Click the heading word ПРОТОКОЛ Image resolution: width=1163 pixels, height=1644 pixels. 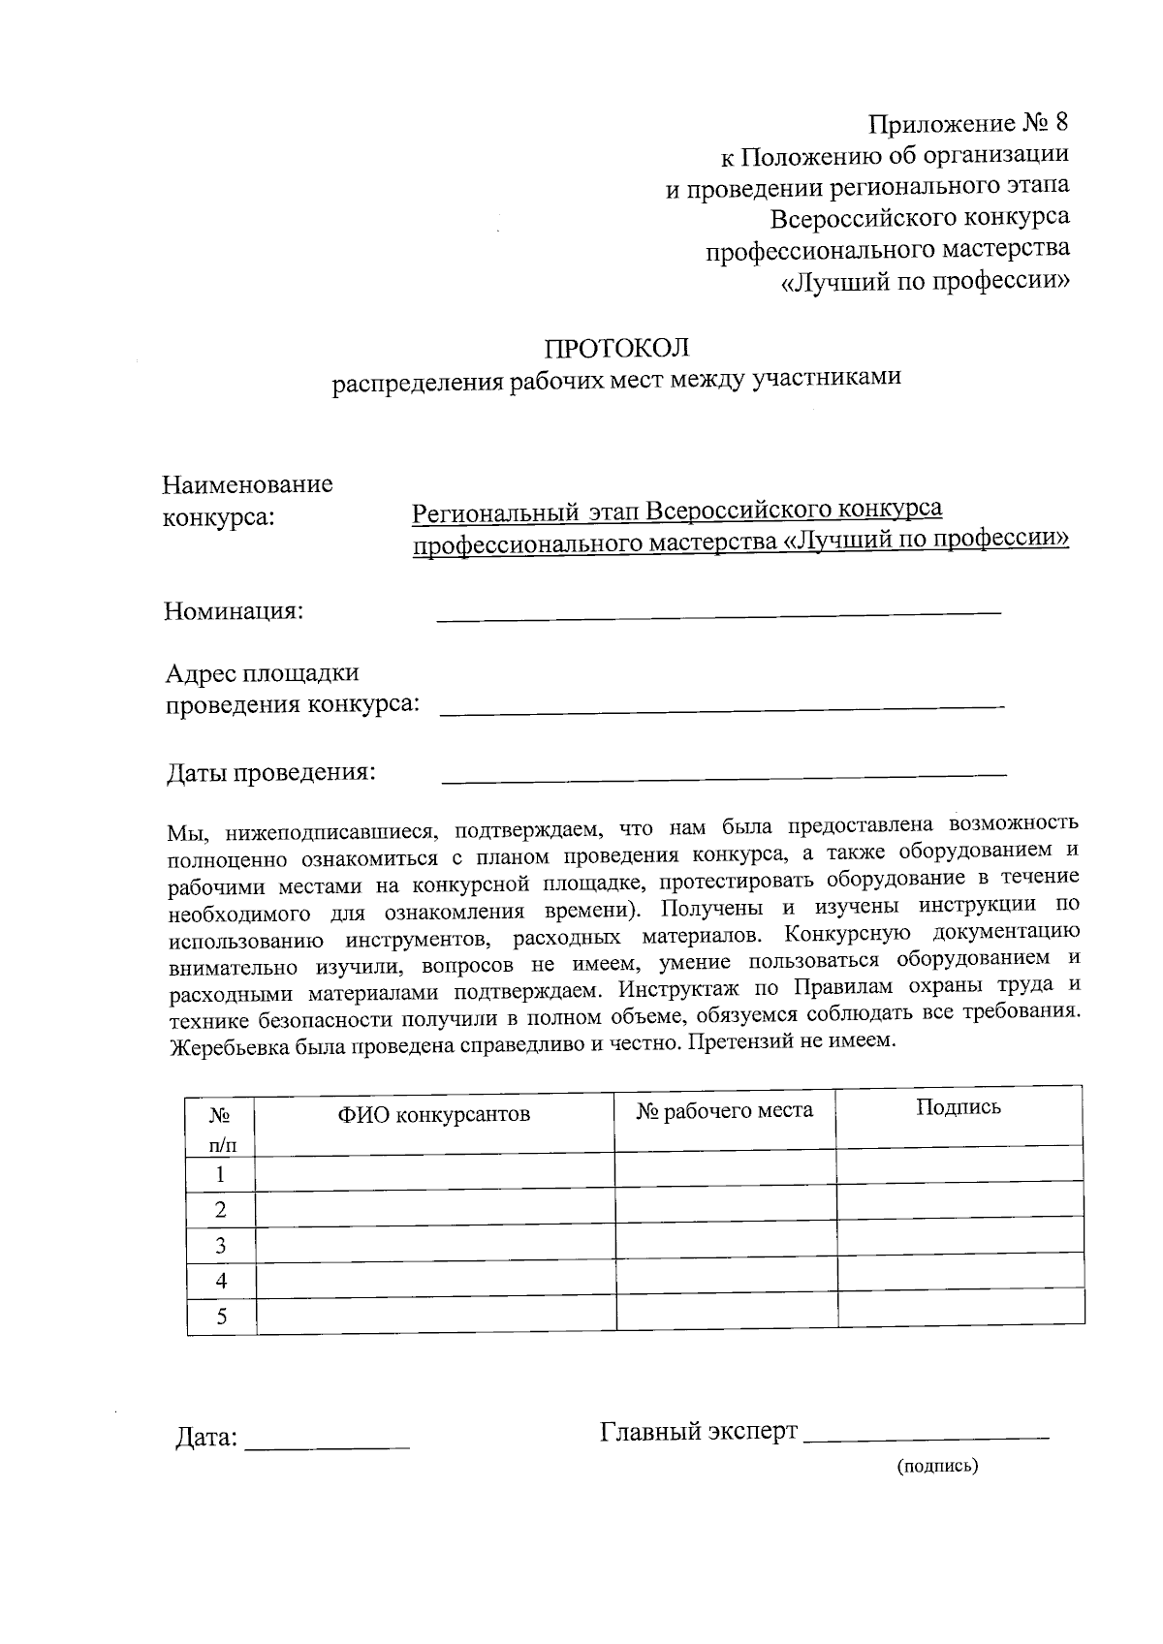tap(616, 347)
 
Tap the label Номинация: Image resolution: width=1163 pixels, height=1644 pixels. tap(234, 611)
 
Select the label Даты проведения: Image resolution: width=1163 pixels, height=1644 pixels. tap(270, 772)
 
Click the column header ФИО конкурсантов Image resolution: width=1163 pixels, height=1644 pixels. tap(433, 1114)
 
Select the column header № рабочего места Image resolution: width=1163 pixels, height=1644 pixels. tap(724, 1110)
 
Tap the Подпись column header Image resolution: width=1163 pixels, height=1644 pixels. tap(958, 1107)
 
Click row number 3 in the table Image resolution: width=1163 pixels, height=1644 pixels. tap(221, 1245)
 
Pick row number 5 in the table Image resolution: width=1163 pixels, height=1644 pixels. tap(222, 1317)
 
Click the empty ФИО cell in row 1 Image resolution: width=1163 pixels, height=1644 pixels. tap(434, 1172)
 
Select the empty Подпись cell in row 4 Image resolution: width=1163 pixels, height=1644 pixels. tap(959, 1270)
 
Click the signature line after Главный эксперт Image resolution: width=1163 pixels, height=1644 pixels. tap(927, 1433)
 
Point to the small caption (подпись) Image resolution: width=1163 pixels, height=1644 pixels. tap(937, 1466)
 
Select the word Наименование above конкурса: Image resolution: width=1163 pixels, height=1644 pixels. tap(247, 483)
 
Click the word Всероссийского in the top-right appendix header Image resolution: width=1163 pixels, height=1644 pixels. tap(868, 216)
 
